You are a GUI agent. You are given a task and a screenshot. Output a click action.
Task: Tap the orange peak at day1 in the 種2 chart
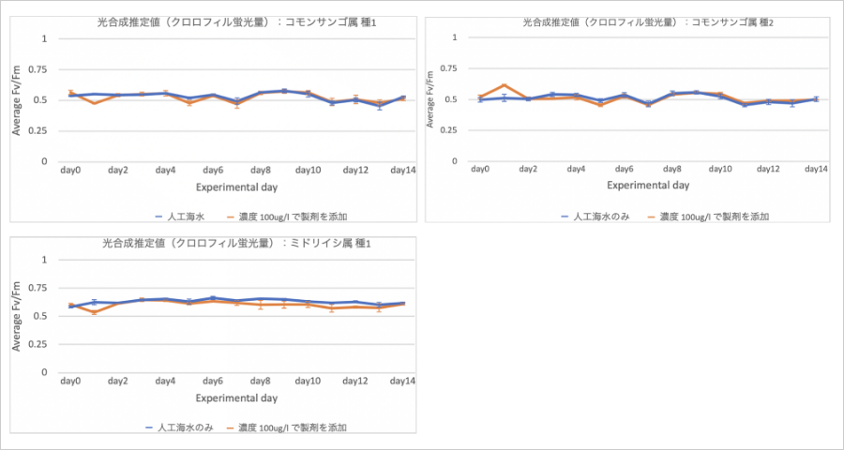(x=504, y=85)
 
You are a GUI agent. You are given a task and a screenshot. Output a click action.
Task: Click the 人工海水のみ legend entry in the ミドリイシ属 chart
(x=180, y=427)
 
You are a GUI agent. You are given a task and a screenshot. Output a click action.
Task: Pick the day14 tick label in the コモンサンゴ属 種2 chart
(x=817, y=169)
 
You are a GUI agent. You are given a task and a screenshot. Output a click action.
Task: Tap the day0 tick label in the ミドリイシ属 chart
(x=70, y=381)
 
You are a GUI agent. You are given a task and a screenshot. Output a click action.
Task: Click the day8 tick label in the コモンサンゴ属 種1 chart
(x=261, y=170)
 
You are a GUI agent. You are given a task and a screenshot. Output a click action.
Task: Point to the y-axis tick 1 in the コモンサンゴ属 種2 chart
(x=455, y=38)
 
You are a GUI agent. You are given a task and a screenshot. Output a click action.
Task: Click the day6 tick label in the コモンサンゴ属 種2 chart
(x=625, y=169)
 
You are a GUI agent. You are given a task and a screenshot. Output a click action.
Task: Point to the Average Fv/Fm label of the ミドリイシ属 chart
(x=17, y=317)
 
